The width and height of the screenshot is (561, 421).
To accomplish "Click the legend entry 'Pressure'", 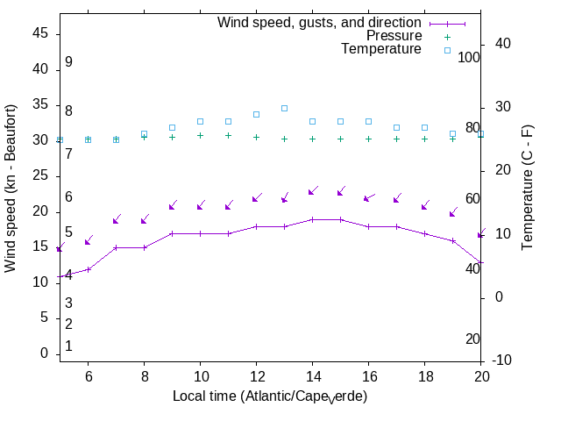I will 394,36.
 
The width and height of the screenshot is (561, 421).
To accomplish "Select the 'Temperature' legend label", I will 381,49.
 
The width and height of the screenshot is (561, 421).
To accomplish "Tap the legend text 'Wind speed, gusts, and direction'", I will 320,23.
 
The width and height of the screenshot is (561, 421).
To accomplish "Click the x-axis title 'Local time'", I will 270,396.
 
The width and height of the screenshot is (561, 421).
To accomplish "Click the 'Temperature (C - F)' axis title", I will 528,186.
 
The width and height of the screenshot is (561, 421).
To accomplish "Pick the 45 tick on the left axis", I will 40,33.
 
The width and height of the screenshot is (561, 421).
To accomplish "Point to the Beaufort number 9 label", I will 68,63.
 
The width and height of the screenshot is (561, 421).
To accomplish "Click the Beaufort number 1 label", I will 68,346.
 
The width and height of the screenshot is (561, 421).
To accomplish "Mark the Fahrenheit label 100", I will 469,57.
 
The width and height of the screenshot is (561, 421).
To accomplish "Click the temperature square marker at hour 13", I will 284,108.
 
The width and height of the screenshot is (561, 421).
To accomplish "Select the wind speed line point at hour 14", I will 312,219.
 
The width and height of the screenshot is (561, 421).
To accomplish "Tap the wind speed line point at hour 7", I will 116,247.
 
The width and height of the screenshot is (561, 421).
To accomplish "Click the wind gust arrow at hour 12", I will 256,199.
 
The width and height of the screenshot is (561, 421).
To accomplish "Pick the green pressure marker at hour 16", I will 368,139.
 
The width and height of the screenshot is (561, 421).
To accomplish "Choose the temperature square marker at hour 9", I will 172,127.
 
